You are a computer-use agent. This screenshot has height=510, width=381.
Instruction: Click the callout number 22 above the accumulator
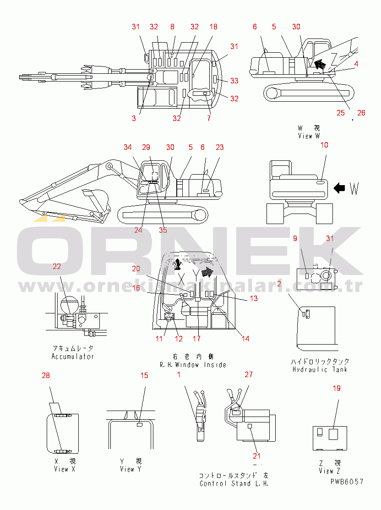point(57,267)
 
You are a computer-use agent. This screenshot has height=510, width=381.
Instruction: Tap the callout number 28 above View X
point(46,376)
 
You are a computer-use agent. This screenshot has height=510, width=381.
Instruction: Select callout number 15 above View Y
point(144,376)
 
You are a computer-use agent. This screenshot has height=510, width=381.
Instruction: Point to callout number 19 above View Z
point(337,388)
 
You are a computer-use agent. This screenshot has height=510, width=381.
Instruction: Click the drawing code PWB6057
point(347,481)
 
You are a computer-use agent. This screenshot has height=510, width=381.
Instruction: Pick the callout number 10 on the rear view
point(324,145)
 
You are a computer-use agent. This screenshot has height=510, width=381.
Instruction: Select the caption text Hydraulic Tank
point(320,369)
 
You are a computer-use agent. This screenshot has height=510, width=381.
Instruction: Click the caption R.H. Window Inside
point(193,365)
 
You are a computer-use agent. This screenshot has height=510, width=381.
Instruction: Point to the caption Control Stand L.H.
point(234,483)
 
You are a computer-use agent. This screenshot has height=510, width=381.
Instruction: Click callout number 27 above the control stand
point(249,374)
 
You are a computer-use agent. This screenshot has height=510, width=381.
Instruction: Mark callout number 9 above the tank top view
point(295,238)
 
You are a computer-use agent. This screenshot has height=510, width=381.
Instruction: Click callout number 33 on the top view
point(234,81)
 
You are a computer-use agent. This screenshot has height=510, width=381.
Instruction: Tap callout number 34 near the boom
point(128,147)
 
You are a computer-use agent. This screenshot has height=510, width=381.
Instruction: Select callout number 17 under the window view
point(196,339)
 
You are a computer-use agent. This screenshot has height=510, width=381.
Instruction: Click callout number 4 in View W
point(356,65)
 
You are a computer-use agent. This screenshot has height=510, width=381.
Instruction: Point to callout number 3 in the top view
point(134,118)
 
